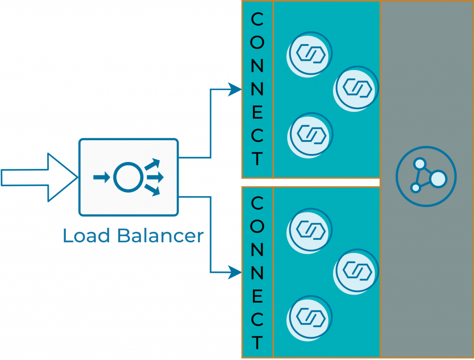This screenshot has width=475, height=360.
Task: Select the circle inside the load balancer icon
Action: point(126,177)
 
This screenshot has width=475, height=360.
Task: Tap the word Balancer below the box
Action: point(160,236)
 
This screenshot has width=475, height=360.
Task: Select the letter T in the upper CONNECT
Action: point(257,159)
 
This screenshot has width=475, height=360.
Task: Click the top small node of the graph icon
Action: point(420,164)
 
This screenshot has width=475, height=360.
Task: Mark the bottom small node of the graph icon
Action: point(416,188)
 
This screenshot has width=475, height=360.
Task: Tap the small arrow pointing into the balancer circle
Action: point(101,177)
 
